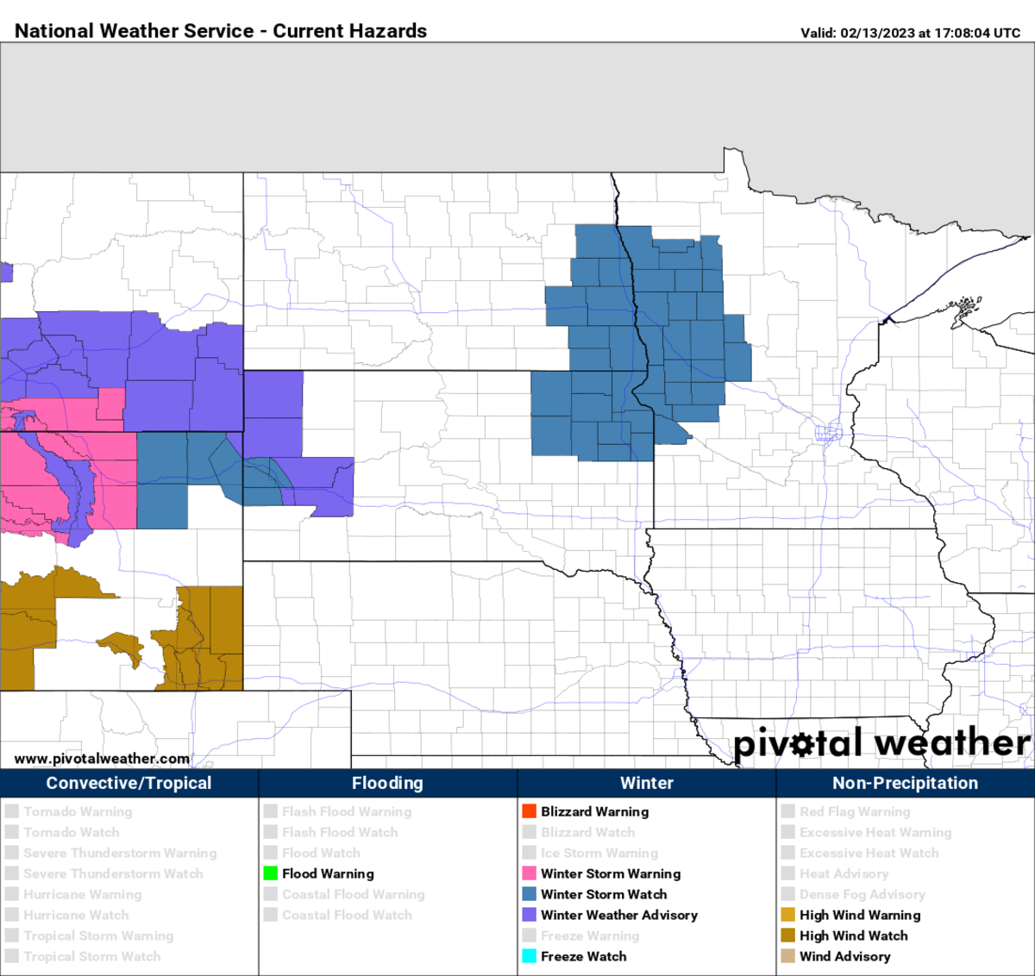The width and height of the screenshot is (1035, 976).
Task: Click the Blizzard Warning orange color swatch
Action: (530, 811)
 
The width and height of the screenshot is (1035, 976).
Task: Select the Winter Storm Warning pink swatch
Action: (530, 873)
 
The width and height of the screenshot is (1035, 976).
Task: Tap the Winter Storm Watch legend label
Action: (604, 894)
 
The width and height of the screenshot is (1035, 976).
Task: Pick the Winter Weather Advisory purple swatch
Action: (530, 915)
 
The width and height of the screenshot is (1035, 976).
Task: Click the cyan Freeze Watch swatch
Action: (530, 956)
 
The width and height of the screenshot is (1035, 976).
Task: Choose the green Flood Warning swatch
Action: (271, 873)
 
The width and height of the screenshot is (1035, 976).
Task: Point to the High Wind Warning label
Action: (860, 915)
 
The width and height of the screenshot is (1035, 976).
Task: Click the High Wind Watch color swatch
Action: (788, 935)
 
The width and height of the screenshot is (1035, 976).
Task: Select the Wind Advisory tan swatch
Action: (788, 956)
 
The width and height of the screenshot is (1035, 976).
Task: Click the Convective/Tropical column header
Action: (129, 783)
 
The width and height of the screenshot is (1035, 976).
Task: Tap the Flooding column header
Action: (387, 783)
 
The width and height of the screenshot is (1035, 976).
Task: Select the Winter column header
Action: (647, 783)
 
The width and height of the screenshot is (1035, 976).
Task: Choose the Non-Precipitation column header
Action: (905, 783)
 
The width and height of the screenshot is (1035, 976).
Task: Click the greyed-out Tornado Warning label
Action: (78, 811)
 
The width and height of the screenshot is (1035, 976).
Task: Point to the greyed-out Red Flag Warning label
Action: (855, 811)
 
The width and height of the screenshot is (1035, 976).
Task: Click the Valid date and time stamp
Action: (910, 33)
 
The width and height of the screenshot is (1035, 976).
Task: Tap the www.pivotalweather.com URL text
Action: (102, 759)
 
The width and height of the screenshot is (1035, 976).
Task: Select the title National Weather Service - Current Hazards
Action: (221, 31)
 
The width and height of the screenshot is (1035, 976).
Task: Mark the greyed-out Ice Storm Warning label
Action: (599, 853)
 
